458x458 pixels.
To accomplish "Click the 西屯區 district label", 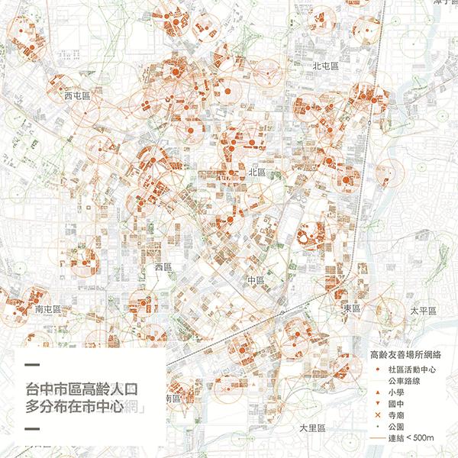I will [x=77, y=96].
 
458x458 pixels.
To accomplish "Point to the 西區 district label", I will [x=164, y=268].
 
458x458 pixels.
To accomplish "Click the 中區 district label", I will [x=256, y=281].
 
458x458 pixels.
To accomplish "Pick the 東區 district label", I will [x=352, y=307].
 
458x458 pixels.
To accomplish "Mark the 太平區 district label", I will [x=422, y=311].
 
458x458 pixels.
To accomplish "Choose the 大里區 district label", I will [x=312, y=427].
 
